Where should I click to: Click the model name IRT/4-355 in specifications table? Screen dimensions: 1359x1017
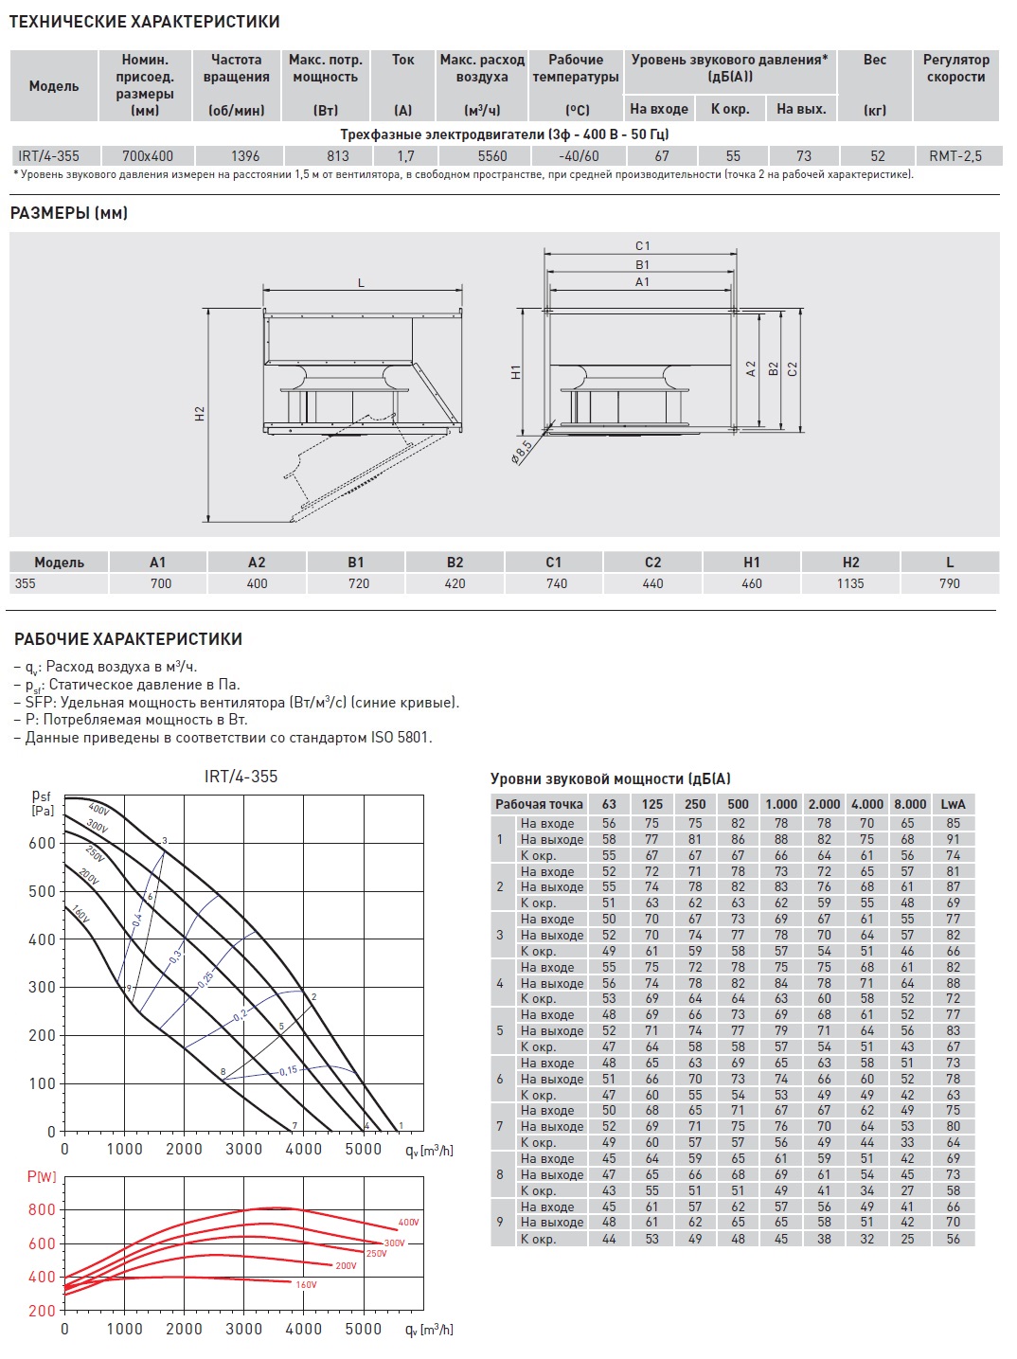click(x=49, y=156)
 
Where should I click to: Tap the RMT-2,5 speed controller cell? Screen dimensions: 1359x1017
click(x=955, y=156)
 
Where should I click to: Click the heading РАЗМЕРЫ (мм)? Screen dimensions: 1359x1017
click(x=68, y=213)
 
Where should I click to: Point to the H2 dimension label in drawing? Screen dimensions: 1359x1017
click(x=200, y=414)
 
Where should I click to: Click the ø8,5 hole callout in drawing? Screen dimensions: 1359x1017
click(x=521, y=451)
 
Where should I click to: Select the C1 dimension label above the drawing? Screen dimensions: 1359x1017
click(x=643, y=246)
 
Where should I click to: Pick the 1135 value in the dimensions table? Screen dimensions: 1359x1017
click(x=850, y=583)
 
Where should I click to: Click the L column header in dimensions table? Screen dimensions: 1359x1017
click(x=950, y=563)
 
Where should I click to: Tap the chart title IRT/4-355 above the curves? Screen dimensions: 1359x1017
click(x=241, y=777)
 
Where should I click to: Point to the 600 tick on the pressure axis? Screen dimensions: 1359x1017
click(x=43, y=844)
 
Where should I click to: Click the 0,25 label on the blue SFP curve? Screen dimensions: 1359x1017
click(x=205, y=980)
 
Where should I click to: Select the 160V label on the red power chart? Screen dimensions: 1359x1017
click(x=306, y=1285)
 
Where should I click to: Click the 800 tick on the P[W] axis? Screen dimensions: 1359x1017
click(x=43, y=1209)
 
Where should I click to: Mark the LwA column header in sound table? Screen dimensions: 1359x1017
click(x=953, y=804)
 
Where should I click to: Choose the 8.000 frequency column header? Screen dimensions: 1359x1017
click(x=910, y=804)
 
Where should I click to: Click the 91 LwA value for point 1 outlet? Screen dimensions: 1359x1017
click(x=953, y=839)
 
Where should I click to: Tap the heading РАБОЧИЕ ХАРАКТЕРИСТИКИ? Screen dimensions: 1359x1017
click(x=128, y=639)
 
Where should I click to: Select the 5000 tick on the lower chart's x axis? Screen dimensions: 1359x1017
click(x=363, y=1329)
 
